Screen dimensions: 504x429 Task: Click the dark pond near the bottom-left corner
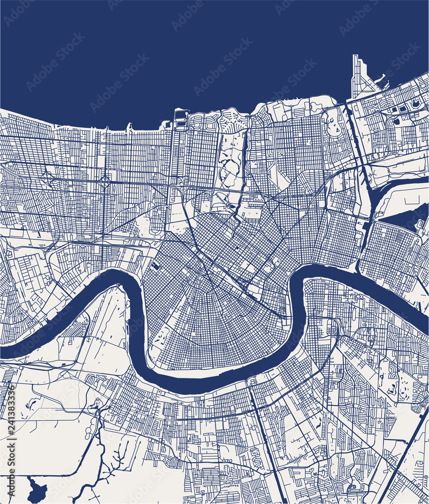point(37,487)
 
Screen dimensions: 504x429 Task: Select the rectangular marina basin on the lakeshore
point(180,116)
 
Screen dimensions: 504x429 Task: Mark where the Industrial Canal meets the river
point(359,267)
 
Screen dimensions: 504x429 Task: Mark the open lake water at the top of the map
point(202,50)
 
